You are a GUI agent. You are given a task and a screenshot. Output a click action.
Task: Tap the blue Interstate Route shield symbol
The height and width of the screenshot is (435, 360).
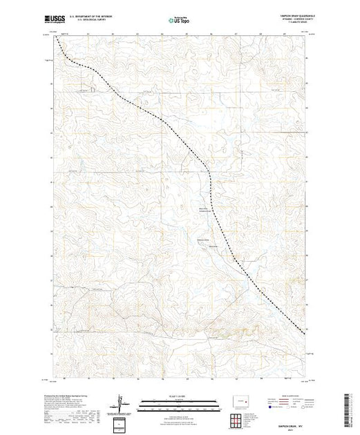[x=268, y=407]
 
